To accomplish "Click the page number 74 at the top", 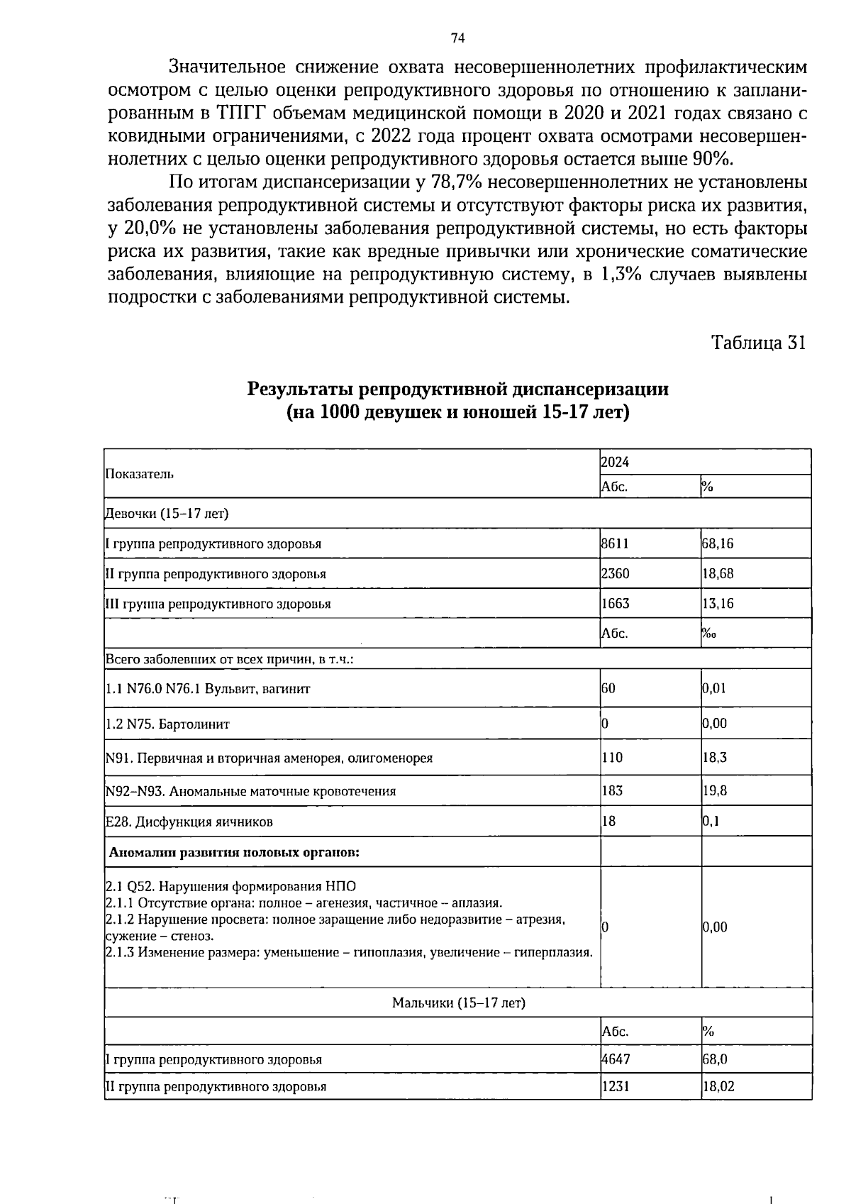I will click(457, 38).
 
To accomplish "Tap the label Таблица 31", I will click(759, 343).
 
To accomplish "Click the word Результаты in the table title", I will click(300, 389).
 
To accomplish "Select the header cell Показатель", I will click(139, 474).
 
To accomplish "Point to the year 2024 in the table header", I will click(615, 462).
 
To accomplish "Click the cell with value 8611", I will click(615, 543).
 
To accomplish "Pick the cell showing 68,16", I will click(718, 543).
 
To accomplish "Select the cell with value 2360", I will click(615, 573).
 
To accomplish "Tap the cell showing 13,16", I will click(718, 604).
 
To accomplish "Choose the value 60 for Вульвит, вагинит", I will click(608, 688).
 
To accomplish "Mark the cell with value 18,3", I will click(715, 757).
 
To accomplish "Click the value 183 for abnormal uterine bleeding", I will click(611, 790).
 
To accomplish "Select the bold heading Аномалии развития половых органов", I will click(234, 852).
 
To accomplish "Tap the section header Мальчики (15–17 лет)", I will click(458, 1003).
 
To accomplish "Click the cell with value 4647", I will click(615, 1059).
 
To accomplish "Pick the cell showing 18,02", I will click(718, 1086).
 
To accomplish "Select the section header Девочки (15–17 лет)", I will click(167, 513).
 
